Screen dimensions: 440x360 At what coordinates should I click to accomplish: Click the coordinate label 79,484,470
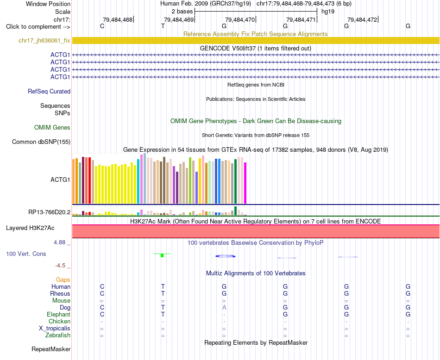coord(240,19)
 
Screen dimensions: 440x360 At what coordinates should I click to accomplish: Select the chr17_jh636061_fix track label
coord(44,40)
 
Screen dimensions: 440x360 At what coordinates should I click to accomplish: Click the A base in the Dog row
coord(224,307)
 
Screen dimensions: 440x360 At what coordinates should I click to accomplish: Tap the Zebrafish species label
coord(58,335)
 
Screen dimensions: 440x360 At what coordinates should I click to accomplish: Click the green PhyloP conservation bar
coord(162,255)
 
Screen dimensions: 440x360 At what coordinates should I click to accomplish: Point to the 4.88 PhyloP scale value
coord(59,242)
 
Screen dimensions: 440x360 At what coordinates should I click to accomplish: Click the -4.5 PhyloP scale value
coord(60,265)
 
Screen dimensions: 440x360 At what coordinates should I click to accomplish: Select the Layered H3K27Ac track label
coord(30,228)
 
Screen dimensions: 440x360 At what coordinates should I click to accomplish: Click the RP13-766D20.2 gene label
coord(50,212)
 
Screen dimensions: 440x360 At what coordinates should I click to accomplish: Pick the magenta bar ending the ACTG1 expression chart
coord(245,183)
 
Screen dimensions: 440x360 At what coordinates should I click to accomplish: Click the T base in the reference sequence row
coord(163,26)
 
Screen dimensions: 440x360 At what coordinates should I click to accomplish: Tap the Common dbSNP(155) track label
coord(41,142)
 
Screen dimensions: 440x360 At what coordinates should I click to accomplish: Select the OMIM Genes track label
coord(52,127)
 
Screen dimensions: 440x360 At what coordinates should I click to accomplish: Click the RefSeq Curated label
coord(49,91)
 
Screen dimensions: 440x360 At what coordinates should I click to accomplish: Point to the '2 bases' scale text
coord(182,12)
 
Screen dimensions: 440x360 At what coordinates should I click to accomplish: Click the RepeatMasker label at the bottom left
coord(51,349)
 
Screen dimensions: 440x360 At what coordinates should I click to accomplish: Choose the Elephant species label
coord(59,314)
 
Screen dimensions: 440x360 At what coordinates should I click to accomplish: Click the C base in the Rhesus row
coord(102,293)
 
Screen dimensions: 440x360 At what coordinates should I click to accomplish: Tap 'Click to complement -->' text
coord(38,27)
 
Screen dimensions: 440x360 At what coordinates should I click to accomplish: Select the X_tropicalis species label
coord(55,329)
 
